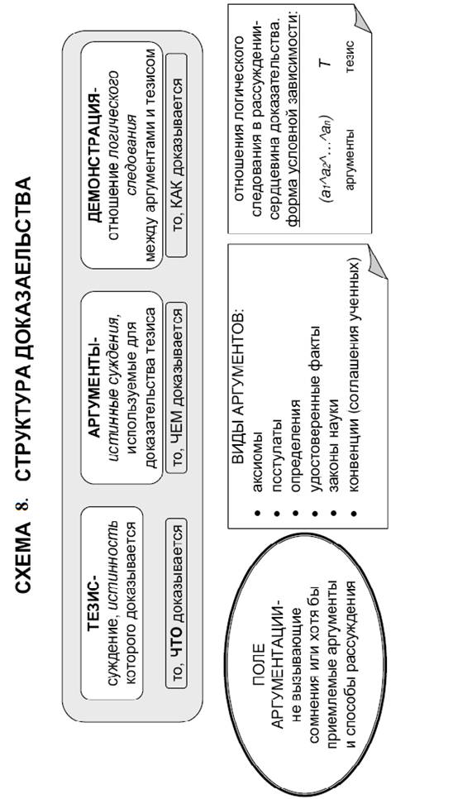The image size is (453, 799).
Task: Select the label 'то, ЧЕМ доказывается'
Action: (176, 388)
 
